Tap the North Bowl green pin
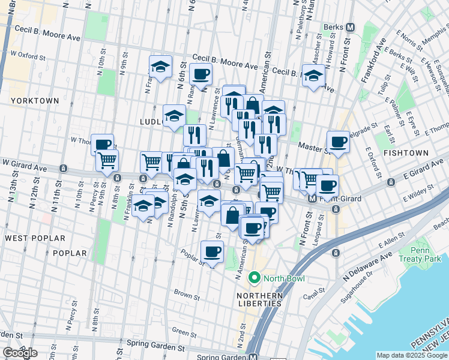coord(254,278)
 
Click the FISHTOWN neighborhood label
coord(406,153)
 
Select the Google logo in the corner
coord(20,353)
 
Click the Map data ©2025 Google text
coord(411,355)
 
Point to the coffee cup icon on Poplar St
coord(212,252)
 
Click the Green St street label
coord(180,331)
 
